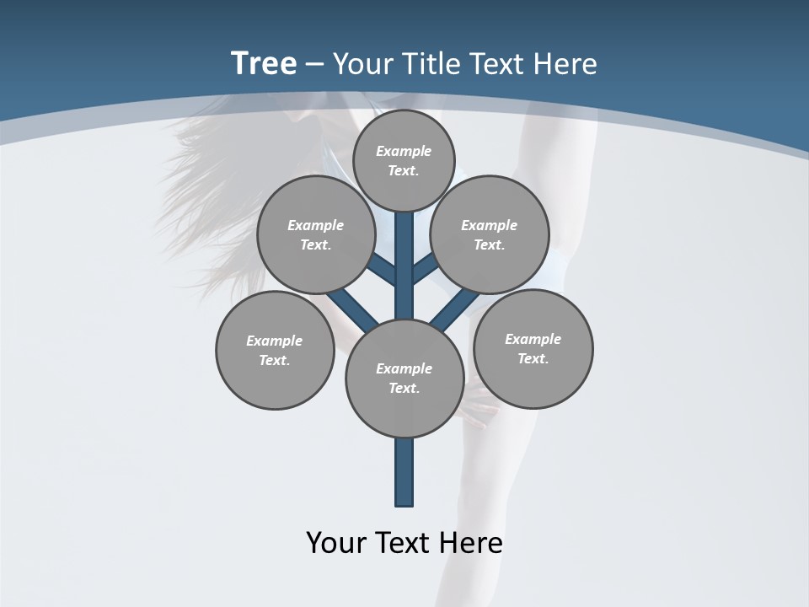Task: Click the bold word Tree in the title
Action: (264, 63)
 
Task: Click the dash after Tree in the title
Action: (314, 64)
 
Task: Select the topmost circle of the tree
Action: (404, 160)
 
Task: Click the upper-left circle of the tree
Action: (315, 234)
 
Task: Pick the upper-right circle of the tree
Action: (490, 234)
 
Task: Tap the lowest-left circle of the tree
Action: (275, 350)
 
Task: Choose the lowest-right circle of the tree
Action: (533, 348)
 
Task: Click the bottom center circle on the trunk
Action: (404, 379)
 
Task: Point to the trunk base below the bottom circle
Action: (404, 472)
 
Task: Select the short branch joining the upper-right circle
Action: (425, 270)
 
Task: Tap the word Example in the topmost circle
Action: (404, 152)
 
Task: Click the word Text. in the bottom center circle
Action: (404, 389)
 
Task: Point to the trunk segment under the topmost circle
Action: (404, 253)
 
